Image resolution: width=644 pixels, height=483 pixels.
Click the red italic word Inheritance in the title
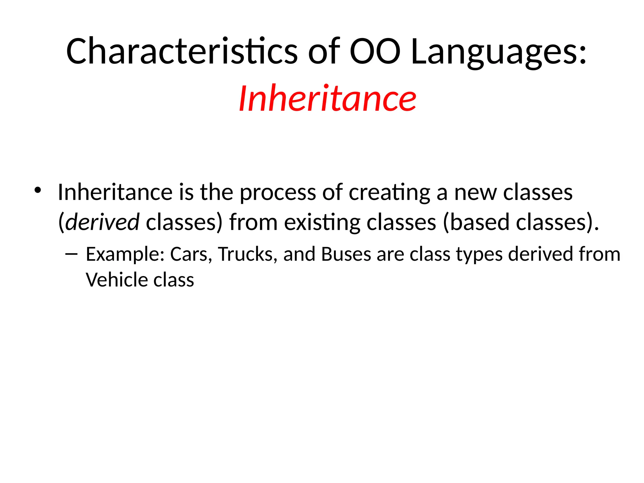(x=327, y=99)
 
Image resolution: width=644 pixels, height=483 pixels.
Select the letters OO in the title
(x=375, y=51)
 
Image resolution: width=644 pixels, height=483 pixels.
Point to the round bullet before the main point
(x=38, y=190)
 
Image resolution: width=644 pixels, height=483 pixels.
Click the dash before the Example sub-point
(x=72, y=254)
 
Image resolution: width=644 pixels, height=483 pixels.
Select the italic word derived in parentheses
(x=103, y=222)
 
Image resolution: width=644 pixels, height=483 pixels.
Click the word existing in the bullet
(x=322, y=222)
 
